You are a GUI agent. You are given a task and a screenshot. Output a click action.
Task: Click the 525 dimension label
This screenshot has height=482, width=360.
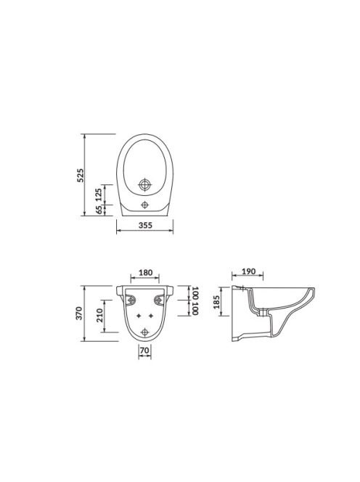click(80, 175)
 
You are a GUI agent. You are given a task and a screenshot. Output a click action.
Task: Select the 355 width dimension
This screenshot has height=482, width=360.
click(145, 225)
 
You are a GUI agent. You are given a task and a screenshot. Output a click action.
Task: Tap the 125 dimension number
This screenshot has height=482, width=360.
click(99, 195)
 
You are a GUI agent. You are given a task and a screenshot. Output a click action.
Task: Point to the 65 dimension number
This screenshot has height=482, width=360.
click(99, 210)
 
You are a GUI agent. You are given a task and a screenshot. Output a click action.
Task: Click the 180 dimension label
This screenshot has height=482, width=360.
click(145, 273)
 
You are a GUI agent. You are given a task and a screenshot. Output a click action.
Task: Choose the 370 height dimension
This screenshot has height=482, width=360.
click(79, 314)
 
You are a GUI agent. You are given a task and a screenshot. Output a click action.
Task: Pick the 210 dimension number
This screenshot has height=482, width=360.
click(100, 315)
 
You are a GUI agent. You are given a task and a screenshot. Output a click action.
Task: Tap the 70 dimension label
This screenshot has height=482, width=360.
click(144, 351)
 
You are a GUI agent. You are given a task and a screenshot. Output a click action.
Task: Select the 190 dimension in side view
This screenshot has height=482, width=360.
click(248, 271)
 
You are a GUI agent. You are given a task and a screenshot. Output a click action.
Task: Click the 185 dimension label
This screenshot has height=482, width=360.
click(216, 302)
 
